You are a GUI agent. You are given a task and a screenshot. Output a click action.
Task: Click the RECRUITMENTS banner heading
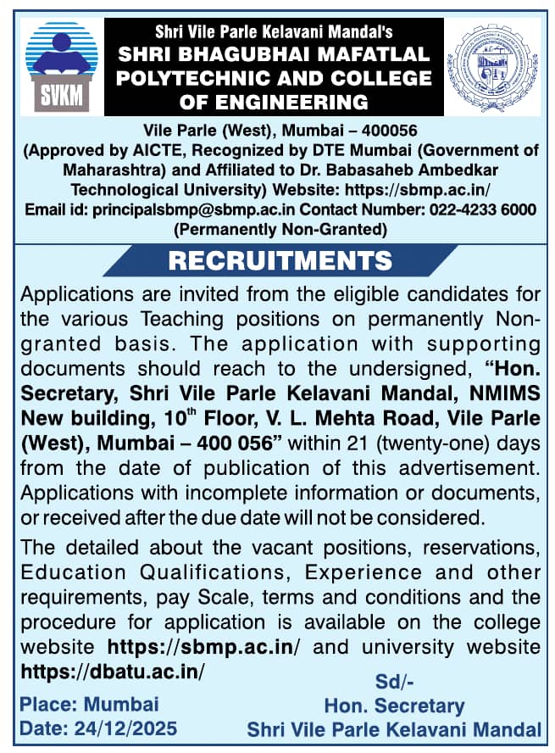pyautogui.click(x=280, y=260)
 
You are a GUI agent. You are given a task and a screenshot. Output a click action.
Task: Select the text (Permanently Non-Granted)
pyautogui.click(x=280, y=228)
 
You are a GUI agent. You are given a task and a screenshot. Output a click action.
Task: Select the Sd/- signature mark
pyautogui.click(x=394, y=681)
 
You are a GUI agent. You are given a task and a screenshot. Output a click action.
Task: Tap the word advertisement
pyautogui.click(x=469, y=467)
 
